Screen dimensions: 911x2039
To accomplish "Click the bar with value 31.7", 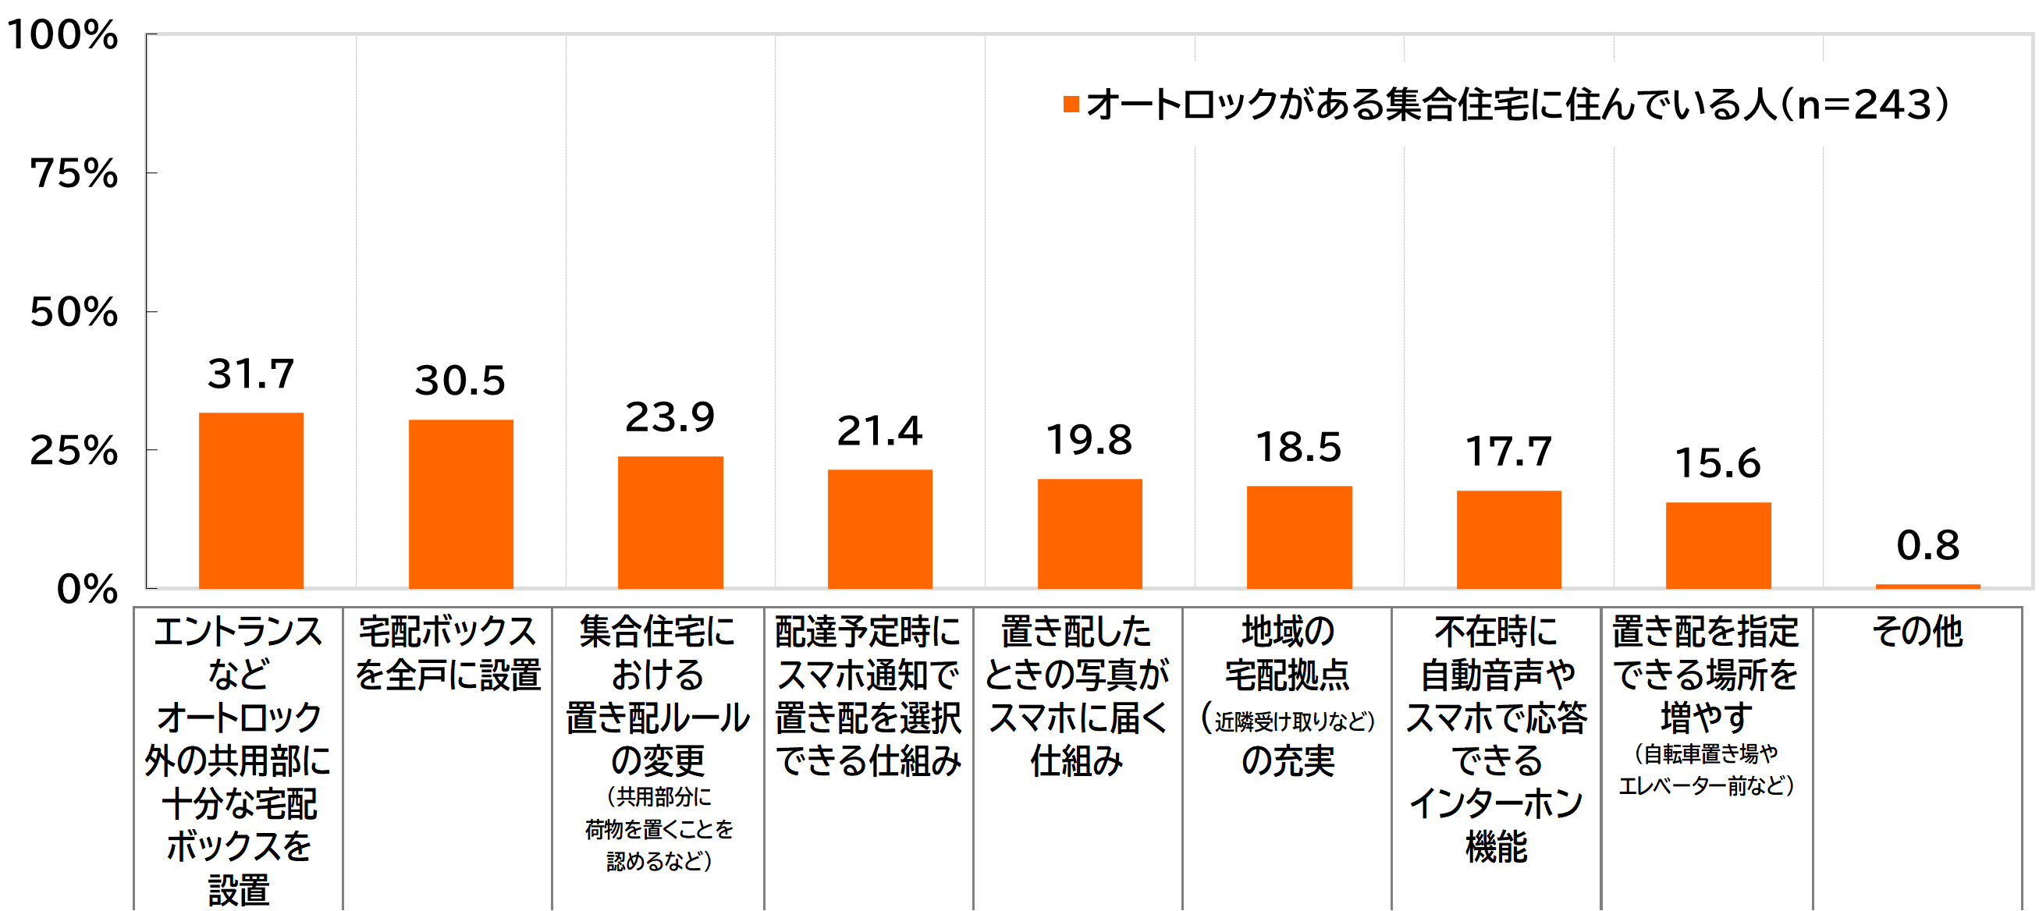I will click(x=251, y=500).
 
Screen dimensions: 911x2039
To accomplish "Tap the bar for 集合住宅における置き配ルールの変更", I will click(x=670, y=523).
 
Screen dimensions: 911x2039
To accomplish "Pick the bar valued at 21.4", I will click(x=880, y=529).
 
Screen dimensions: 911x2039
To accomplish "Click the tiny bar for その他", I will click(x=1927, y=586).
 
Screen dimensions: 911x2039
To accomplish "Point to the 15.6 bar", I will click(x=1718, y=545).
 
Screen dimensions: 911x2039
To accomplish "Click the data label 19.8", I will click(x=1089, y=440).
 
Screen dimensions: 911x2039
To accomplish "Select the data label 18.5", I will click(x=1299, y=447).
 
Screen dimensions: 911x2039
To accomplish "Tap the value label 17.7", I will click(x=1508, y=452).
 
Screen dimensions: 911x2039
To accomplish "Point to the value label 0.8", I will click(x=1927, y=545).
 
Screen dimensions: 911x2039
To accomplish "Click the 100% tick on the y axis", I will click(x=62, y=36).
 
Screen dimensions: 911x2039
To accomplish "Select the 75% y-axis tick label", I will click(x=73, y=173).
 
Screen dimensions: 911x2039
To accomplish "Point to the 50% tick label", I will click(x=73, y=313).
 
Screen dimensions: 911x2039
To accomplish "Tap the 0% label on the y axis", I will click(x=87, y=590).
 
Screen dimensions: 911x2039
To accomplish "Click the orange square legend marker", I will click(x=1071, y=105).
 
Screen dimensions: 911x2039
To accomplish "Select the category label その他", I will click(x=1917, y=632).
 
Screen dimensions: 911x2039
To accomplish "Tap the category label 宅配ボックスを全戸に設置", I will click(x=448, y=654).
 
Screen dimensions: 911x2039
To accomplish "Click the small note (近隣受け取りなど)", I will click(x=1288, y=720).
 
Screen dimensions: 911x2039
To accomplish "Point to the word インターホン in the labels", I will click(x=1496, y=803).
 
